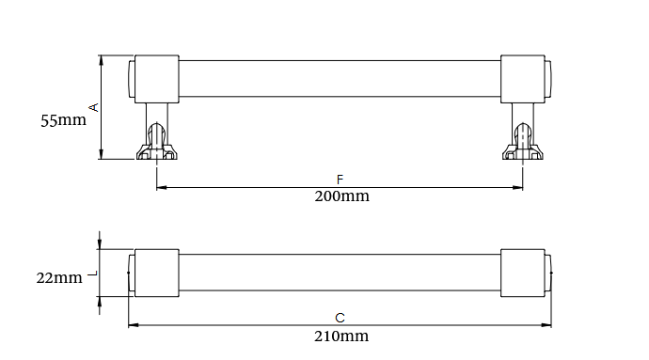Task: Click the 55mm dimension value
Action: coord(63,120)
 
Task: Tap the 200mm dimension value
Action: coord(341,196)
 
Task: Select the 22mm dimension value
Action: coord(59,277)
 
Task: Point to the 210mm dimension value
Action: coord(341,336)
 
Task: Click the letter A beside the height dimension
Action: coord(94,107)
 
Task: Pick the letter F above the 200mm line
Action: coord(340,180)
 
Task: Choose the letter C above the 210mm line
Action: coord(340,318)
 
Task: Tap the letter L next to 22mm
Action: coord(93,274)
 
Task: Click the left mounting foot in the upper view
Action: coord(157,142)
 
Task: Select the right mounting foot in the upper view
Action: coord(523,142)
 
